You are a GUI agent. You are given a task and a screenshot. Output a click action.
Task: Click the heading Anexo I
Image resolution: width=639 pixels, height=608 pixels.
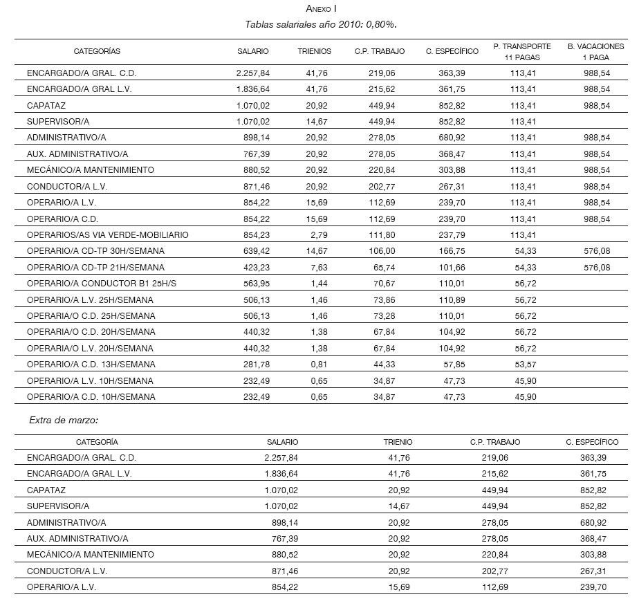321,9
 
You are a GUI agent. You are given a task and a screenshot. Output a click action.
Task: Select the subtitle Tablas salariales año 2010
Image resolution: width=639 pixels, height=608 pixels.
320,24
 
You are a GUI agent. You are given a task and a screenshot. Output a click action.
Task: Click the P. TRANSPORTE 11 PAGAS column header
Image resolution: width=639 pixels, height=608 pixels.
522,52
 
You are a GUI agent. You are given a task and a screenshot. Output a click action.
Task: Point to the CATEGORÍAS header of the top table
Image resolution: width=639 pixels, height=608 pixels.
97,51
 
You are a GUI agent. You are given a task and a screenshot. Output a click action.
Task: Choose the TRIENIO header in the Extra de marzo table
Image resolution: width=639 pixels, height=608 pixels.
398,442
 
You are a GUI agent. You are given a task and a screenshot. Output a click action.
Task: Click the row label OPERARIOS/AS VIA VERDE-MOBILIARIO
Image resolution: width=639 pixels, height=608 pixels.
107,235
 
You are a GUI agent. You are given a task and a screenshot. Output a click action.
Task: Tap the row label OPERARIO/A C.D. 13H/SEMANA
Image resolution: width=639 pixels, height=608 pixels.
91,365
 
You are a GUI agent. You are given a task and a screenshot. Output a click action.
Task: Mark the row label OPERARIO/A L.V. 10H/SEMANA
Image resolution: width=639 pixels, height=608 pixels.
90,381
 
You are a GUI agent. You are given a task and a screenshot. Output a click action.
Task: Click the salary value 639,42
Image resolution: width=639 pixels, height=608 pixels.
256,251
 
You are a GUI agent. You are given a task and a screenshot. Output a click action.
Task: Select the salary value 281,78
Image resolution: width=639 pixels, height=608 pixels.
256,365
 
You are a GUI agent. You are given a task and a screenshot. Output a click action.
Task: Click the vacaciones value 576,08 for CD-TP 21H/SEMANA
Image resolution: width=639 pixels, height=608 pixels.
595,268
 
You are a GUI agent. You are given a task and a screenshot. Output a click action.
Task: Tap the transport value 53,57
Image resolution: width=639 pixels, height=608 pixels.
523,365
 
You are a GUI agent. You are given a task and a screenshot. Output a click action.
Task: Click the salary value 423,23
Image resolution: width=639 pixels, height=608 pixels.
256,268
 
